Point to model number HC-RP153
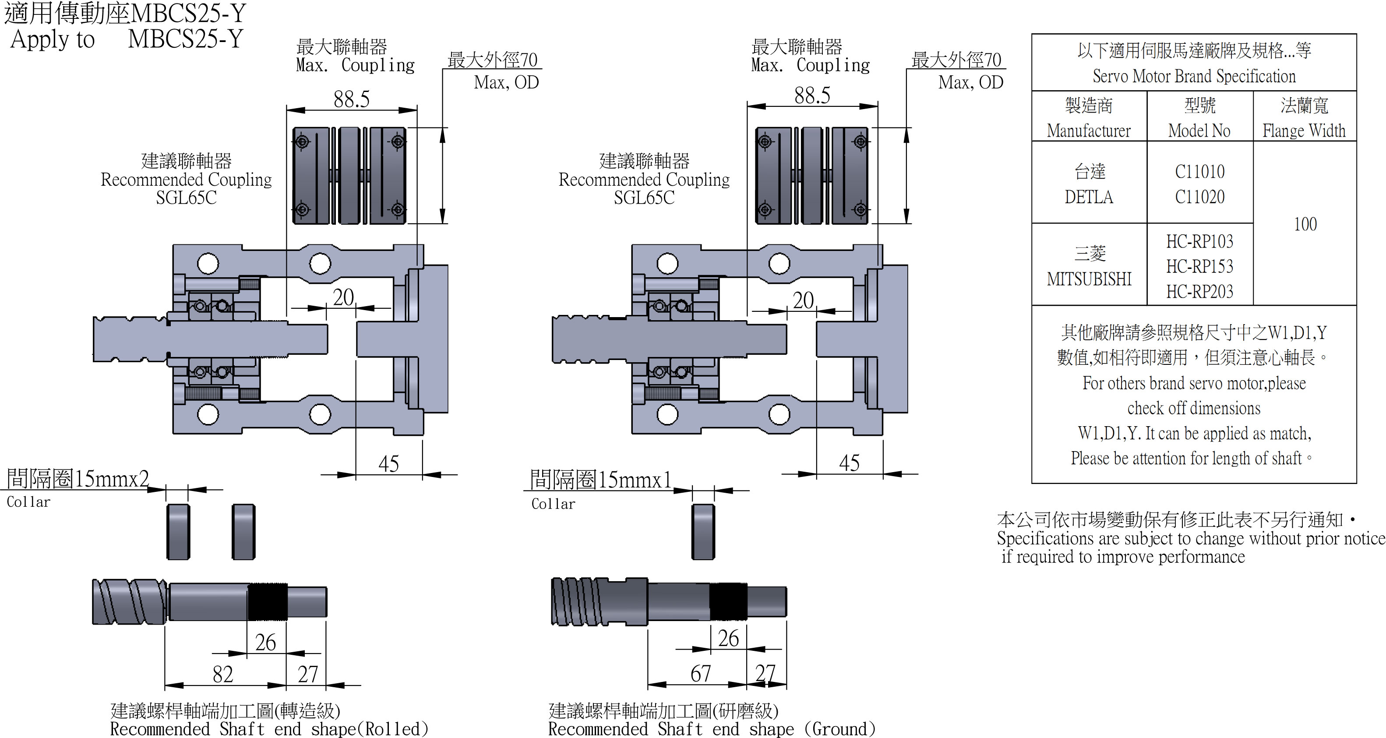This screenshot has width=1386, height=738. [1200, 266]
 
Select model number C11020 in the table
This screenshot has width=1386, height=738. [1200, 197]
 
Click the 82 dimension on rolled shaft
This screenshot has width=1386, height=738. [223, 674]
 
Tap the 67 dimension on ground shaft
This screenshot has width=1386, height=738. [701, 674]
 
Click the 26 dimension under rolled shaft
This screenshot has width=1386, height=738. [265, 643]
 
